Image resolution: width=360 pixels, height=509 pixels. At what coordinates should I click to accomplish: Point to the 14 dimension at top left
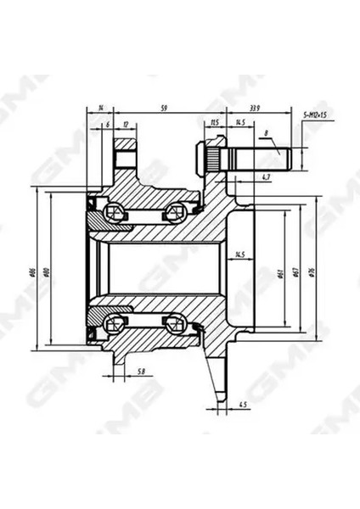pos(100,107)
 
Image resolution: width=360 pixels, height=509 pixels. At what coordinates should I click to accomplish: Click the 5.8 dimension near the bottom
pos(139,372)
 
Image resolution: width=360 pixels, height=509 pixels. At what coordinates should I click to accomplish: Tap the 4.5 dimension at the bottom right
pos(243,403)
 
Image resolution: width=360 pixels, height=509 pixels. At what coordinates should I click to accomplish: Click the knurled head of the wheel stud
pos(212,159)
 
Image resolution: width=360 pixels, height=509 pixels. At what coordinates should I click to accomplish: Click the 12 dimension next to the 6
pos(126,123)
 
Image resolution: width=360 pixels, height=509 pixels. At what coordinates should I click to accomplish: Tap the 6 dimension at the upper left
pos(107,123)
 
